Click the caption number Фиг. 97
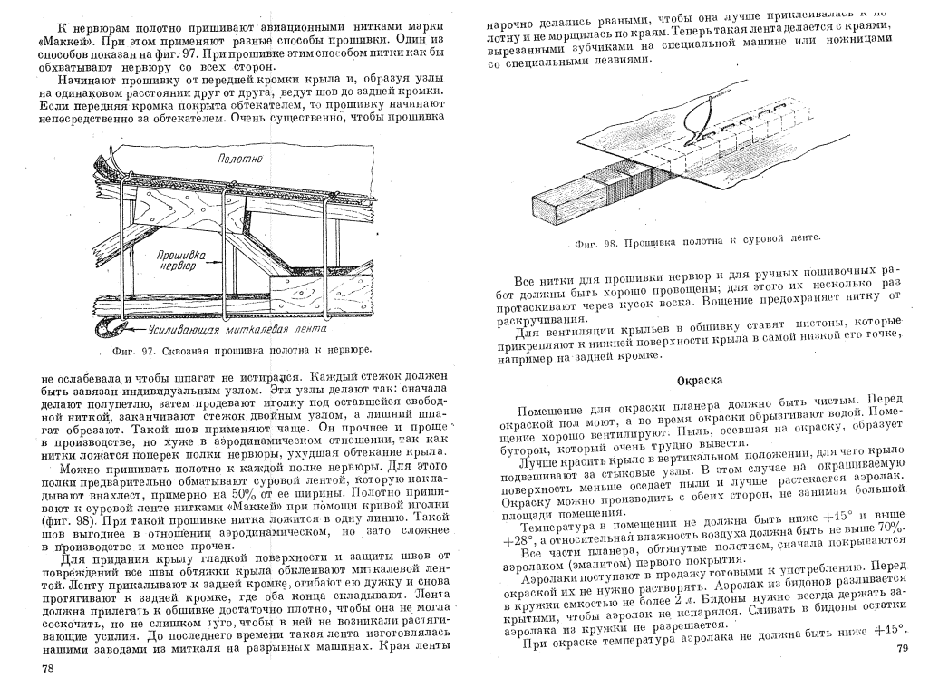121,349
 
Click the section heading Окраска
700,381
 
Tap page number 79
901,648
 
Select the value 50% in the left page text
246,492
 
